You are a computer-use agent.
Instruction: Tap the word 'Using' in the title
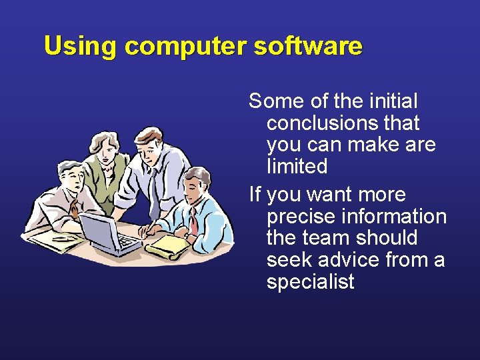(80, 47)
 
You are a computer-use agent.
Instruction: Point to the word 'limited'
(297, 166)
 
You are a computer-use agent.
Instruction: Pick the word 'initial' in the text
(392, 101)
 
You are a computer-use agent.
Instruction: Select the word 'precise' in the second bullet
(302, 217)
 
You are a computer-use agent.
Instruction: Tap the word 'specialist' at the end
(310, 281)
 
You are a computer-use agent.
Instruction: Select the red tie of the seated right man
(193, 219)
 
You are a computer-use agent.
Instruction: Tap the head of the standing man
(150, 143)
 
